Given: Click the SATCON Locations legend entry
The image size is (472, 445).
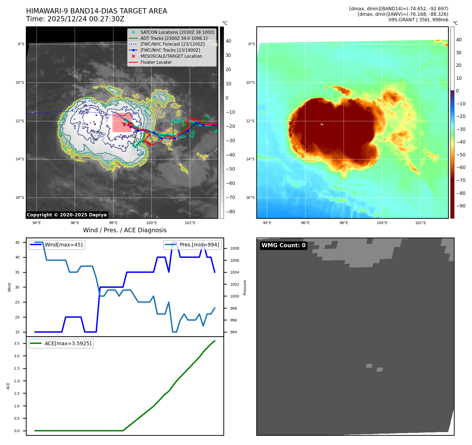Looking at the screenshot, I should click(x=177, y=32).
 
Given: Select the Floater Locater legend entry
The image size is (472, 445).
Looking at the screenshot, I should click(x=156, y=62).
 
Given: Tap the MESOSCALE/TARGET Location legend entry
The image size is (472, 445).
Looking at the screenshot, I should click(x=171, y=56).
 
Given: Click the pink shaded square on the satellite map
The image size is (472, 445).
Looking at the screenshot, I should click(x=122, y=122).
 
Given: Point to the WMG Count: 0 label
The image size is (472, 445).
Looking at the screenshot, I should click(x=283, y=245).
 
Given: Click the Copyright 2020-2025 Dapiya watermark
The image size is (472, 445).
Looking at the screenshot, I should click(x=67, y=215).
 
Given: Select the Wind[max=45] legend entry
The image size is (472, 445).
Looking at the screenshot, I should click(x=63, y=245).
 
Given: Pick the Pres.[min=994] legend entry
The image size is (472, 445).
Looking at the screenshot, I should click(x=199, y=245).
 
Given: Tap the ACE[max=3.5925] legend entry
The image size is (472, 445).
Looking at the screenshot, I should click(x=68, y=344).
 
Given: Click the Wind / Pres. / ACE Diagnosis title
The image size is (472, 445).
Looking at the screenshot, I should click(x=125, y=230).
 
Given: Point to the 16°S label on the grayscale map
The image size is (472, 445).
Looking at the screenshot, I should click(x=20, y=198).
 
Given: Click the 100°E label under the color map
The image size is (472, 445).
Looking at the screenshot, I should click(x=382, y=223).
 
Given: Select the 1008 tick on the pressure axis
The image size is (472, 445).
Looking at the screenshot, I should click(x=234, y=249).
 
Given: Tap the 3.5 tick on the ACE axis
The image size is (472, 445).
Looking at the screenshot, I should click(x=17, y=344).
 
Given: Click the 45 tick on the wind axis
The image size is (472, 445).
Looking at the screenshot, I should click(x=17, y=243).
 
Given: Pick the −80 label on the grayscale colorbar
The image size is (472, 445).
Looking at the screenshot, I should click(x=230, y=212).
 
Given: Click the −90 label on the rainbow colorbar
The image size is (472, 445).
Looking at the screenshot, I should click(x=461, y=206).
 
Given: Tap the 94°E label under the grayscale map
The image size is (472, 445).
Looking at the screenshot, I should click(x=37, y=223).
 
